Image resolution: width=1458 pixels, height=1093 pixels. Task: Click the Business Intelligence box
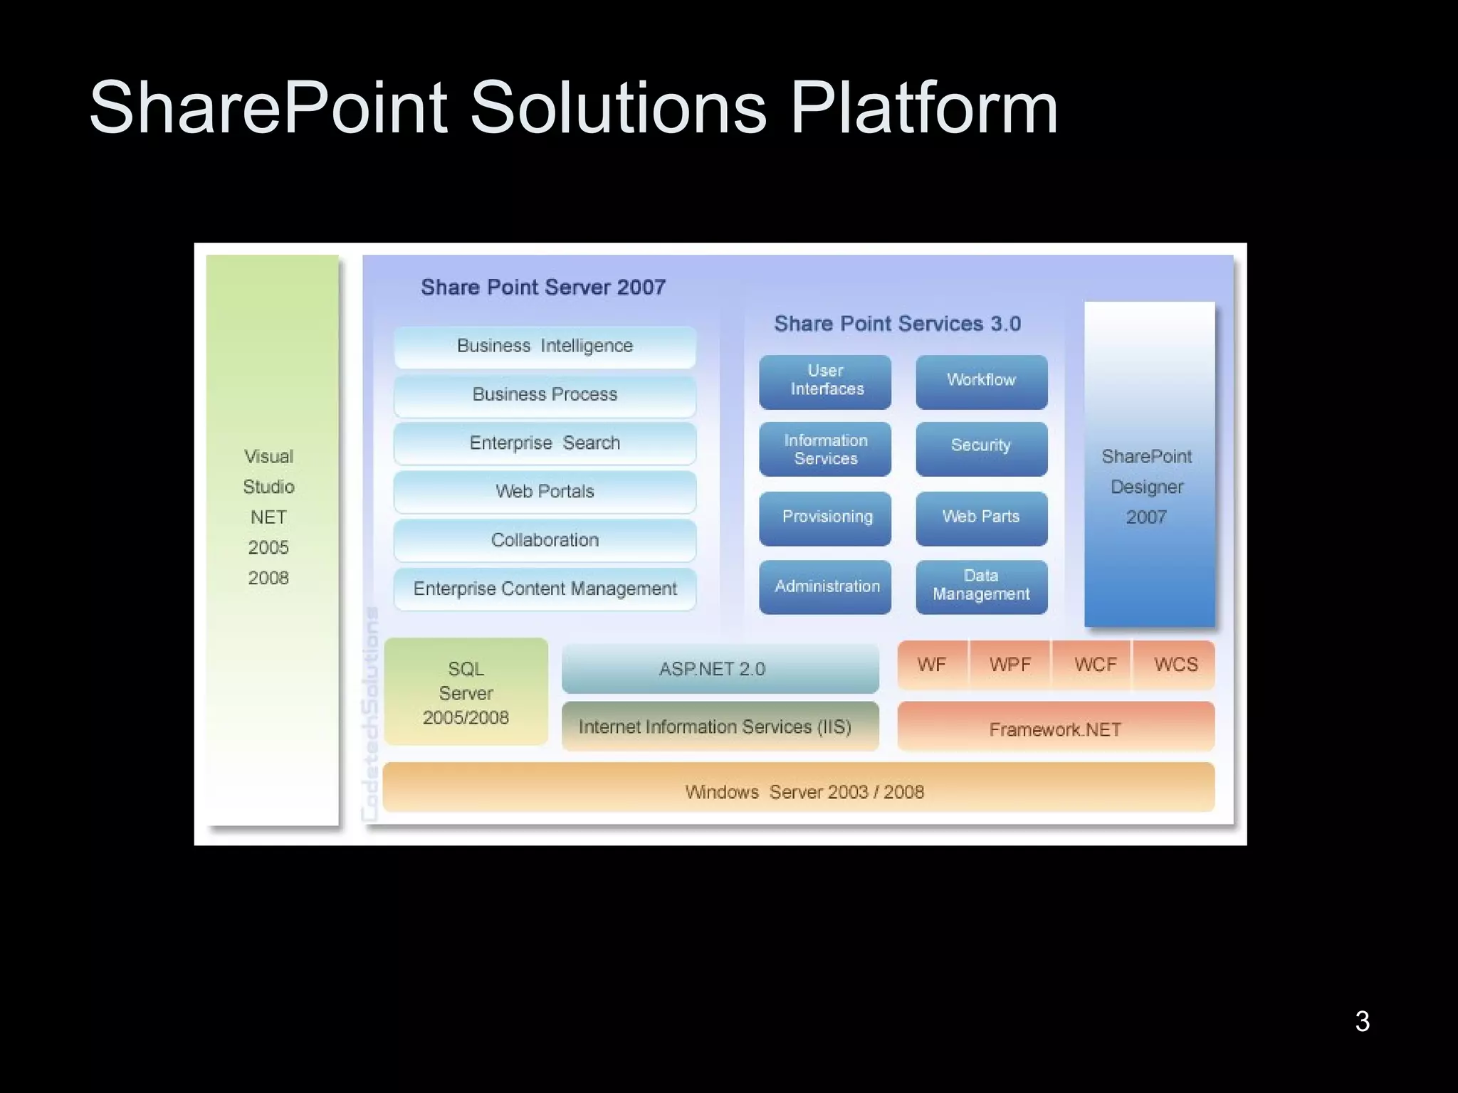tap(545, 347)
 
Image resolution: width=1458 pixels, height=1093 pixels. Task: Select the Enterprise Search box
tap(545, 443)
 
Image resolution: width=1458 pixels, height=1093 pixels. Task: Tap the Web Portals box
tap(545, 492)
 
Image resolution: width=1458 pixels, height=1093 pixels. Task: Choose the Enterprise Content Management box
tap(545, 589)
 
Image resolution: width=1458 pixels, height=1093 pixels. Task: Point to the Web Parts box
tap(981, 518)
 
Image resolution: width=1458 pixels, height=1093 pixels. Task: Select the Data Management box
tap(981, 586)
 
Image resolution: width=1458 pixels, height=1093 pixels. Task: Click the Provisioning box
tap(825, 518)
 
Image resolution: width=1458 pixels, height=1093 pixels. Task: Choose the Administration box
tap(825, 586)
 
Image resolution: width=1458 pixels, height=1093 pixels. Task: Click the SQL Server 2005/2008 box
tap(466, 692)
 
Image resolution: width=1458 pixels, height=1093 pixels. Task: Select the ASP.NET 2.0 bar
tap(720, 669)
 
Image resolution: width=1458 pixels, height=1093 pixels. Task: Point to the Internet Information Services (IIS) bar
tap(720, 727)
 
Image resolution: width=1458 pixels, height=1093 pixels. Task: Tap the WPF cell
tap(1009, 665)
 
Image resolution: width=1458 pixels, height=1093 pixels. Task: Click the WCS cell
tap(1175, 665)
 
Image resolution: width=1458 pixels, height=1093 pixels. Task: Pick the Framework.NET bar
tap(1055, 728)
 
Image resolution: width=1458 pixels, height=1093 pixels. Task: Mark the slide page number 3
tap(1362, 1021)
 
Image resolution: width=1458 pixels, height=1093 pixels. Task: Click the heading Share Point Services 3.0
tap(897, 324)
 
